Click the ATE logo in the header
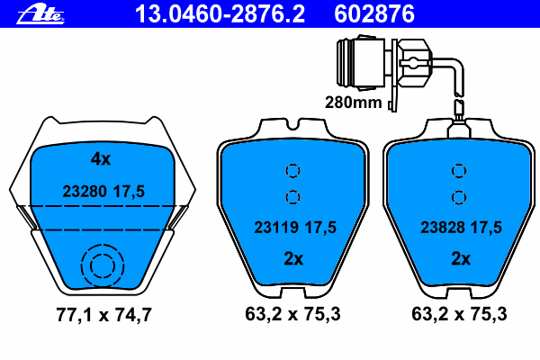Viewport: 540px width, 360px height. tap(40, 14)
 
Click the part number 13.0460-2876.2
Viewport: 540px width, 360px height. tap(220, 14)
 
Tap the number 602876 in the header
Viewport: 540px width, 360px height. tap(374, 14)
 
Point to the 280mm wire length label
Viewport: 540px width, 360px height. tap(354, 103)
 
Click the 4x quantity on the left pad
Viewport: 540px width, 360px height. tap(101, 158)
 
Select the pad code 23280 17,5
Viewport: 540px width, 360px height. tap(103, 191)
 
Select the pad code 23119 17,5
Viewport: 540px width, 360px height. tap(295, 228)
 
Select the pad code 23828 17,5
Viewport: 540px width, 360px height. tap(461, 228)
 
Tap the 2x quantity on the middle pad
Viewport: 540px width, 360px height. tap(293, 258)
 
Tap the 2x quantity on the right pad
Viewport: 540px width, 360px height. tap(461, 258)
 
